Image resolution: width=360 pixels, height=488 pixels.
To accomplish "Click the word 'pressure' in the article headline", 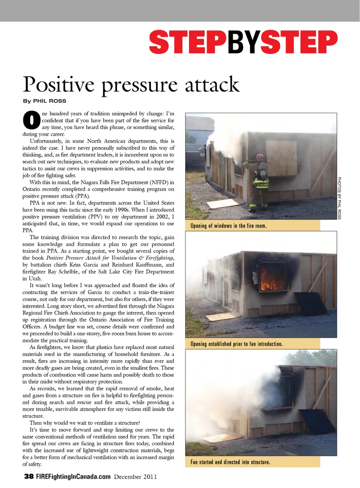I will (x=139, y=86).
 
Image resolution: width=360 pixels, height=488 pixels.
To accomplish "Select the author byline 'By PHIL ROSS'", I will (x=45, y=101).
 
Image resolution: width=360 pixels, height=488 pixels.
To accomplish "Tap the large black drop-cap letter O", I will (x=31, y=120).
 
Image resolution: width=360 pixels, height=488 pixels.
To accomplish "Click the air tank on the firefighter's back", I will (x=263, y=171).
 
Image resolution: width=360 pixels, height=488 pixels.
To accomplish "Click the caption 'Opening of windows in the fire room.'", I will (x=228, y=226).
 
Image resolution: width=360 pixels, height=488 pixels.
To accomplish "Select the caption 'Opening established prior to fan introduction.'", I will (x=236, y=344).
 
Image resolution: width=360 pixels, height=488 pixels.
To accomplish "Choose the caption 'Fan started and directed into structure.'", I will (x=230, y=462).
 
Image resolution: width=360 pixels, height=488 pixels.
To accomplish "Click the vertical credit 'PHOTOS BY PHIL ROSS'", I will (x=339, y=198).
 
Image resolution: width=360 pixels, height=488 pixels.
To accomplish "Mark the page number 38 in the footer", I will (x=28, y=476).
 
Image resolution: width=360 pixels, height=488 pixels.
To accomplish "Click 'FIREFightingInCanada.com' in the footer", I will (x=73, y=476).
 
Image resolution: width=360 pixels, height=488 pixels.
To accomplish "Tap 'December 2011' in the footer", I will (x=135, y=477).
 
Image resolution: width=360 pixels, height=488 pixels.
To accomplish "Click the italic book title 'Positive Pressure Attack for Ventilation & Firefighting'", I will (x=110, y=258).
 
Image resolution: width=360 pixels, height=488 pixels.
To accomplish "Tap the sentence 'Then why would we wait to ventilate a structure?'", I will (x=85, y=423).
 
